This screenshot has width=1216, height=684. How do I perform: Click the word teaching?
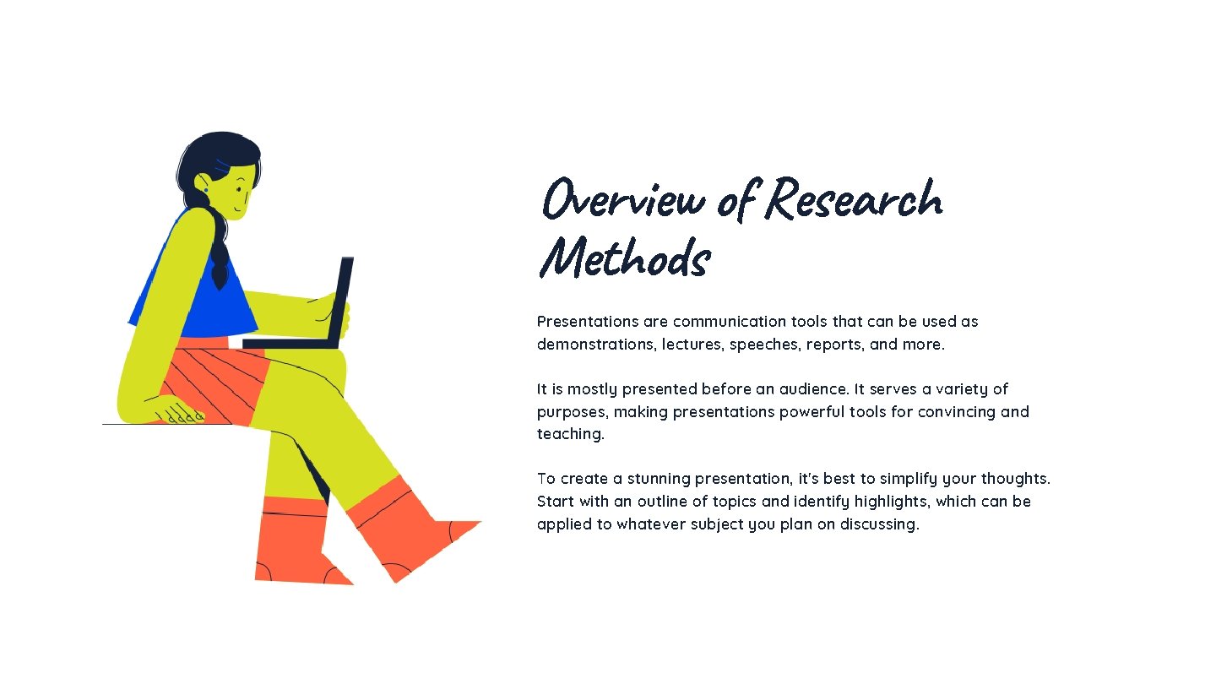point(570,434)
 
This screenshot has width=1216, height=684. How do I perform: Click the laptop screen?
point(342,300)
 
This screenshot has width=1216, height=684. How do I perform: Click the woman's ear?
point(204,183)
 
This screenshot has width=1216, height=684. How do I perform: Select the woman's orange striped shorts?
point(211,380)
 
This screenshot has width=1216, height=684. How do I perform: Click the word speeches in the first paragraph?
point(764,345)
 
